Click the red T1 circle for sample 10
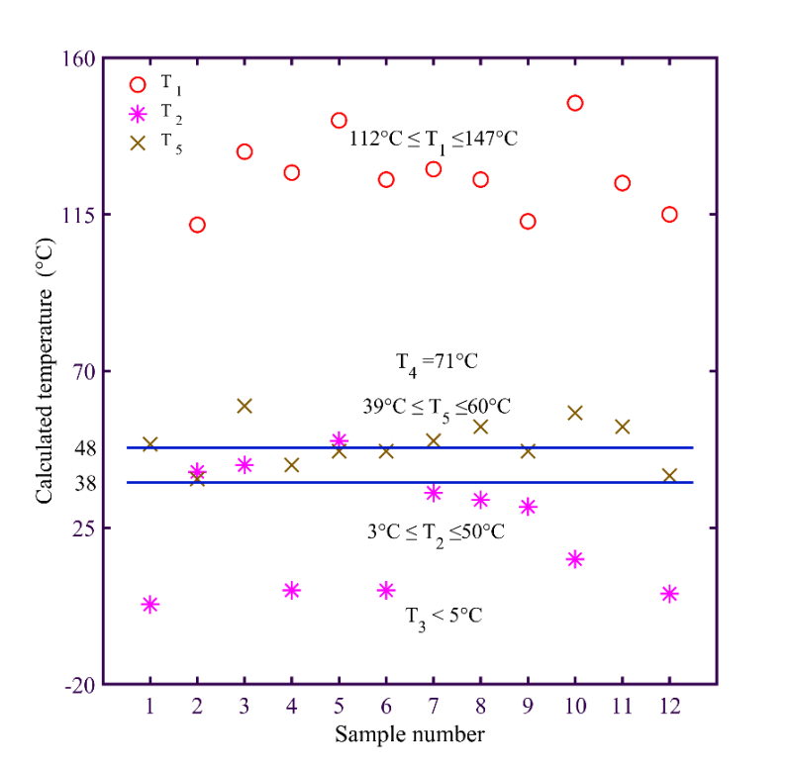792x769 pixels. coord(574,103)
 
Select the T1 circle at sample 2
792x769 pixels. coord(197,225)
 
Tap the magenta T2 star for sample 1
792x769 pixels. coord(150,604)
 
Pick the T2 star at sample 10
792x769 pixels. coord(574,559)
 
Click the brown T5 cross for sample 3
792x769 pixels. coord(245,406)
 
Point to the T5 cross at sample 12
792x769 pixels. coord(669,475)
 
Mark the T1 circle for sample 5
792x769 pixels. coord(339,121)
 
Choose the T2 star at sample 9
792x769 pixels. coord(528,507)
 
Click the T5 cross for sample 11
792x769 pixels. coord(623,427)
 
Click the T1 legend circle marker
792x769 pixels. coord(138,85)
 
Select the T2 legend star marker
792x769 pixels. coord(138,114)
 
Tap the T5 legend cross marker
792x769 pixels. coord(138,143)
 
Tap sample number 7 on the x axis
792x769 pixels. coord(433,708)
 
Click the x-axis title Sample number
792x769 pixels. coord(409,734)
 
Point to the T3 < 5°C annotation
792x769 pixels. coord(444,616)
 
